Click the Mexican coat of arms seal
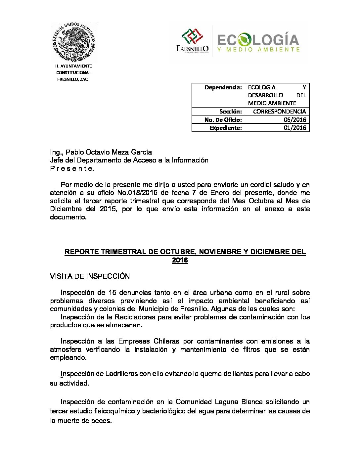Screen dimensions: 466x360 (x=74, y=42)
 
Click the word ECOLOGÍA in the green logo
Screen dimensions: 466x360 (x=258, y=40)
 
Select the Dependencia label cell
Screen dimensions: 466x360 (x=223, y=87)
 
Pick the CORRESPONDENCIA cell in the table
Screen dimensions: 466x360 (x=279, y=112)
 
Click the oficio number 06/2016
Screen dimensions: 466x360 (x=295, y=119)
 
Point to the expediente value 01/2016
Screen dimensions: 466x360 (x=295, y=128)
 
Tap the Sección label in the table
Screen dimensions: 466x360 (x=230, y=112)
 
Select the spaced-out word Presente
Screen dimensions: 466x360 (x=72, y=168)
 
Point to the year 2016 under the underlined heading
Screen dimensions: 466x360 (x=180, y=260)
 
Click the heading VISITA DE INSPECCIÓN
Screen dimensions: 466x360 (x=90, y=276)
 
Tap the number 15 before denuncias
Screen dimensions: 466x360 (x=112, y=293)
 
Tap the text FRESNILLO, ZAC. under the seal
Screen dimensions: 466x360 (x=73, y=79)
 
